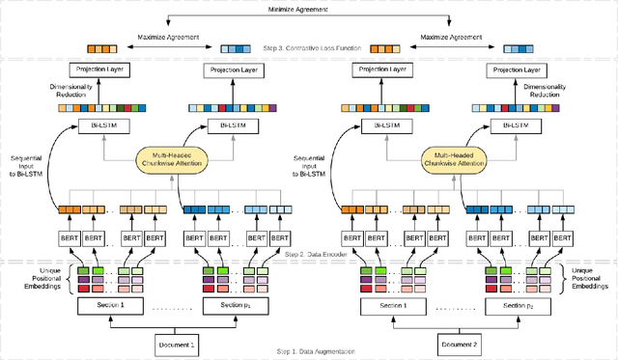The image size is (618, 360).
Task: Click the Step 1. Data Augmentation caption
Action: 315,353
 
